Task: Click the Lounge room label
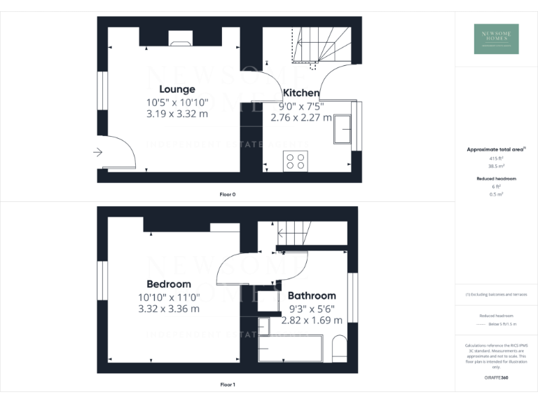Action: pos(177,89)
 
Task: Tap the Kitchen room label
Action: pos(301,93)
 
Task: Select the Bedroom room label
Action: pos(168,284)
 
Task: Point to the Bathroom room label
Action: pos(312,296)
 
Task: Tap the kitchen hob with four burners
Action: pos(294,162)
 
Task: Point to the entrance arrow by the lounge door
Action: pos(97,151)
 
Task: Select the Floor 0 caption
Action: pos(227,194)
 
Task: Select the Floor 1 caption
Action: pos(227,384)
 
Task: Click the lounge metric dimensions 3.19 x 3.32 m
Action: pos(177,114)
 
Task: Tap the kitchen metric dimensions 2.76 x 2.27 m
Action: pos(301,117)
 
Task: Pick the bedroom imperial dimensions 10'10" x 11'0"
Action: pos(168,297)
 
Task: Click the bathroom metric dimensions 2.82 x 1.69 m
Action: pos(312,320)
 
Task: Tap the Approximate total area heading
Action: pos(495,149)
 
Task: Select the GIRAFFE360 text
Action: pos(496,378)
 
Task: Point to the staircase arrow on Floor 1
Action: pos(283,233)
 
